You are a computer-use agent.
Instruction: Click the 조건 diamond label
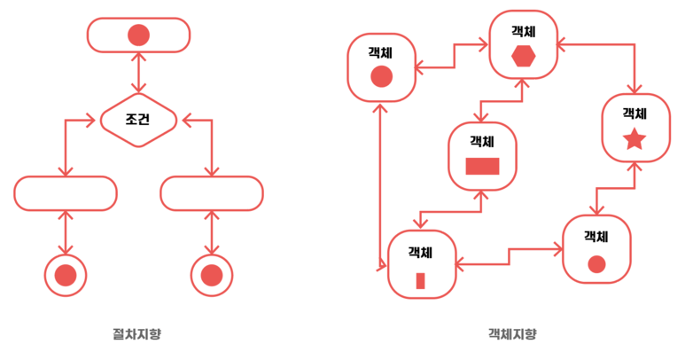coord(138,118)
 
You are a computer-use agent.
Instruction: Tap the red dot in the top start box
coord(138,35)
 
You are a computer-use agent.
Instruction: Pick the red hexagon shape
coord(524,56)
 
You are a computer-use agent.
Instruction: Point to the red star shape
coord(634,139)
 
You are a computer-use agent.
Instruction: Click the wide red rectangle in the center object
coord(482,166)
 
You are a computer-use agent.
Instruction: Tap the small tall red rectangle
coord(421,280)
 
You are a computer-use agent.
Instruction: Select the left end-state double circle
coord(66,276)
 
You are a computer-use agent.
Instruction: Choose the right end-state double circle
coord(212,276)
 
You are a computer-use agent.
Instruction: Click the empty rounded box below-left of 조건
coord(66,194)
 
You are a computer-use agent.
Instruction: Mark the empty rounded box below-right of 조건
coord(212,194)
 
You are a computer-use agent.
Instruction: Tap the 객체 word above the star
coord(634,113)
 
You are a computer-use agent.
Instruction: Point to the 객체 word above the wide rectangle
coord(482,141)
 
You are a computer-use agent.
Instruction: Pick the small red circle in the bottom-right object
coord(596,263)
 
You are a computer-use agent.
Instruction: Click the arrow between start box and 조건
coord(138,71)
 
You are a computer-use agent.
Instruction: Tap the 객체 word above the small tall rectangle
coord(421,252)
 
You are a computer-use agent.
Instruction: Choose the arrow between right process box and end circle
coord(212,233)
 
